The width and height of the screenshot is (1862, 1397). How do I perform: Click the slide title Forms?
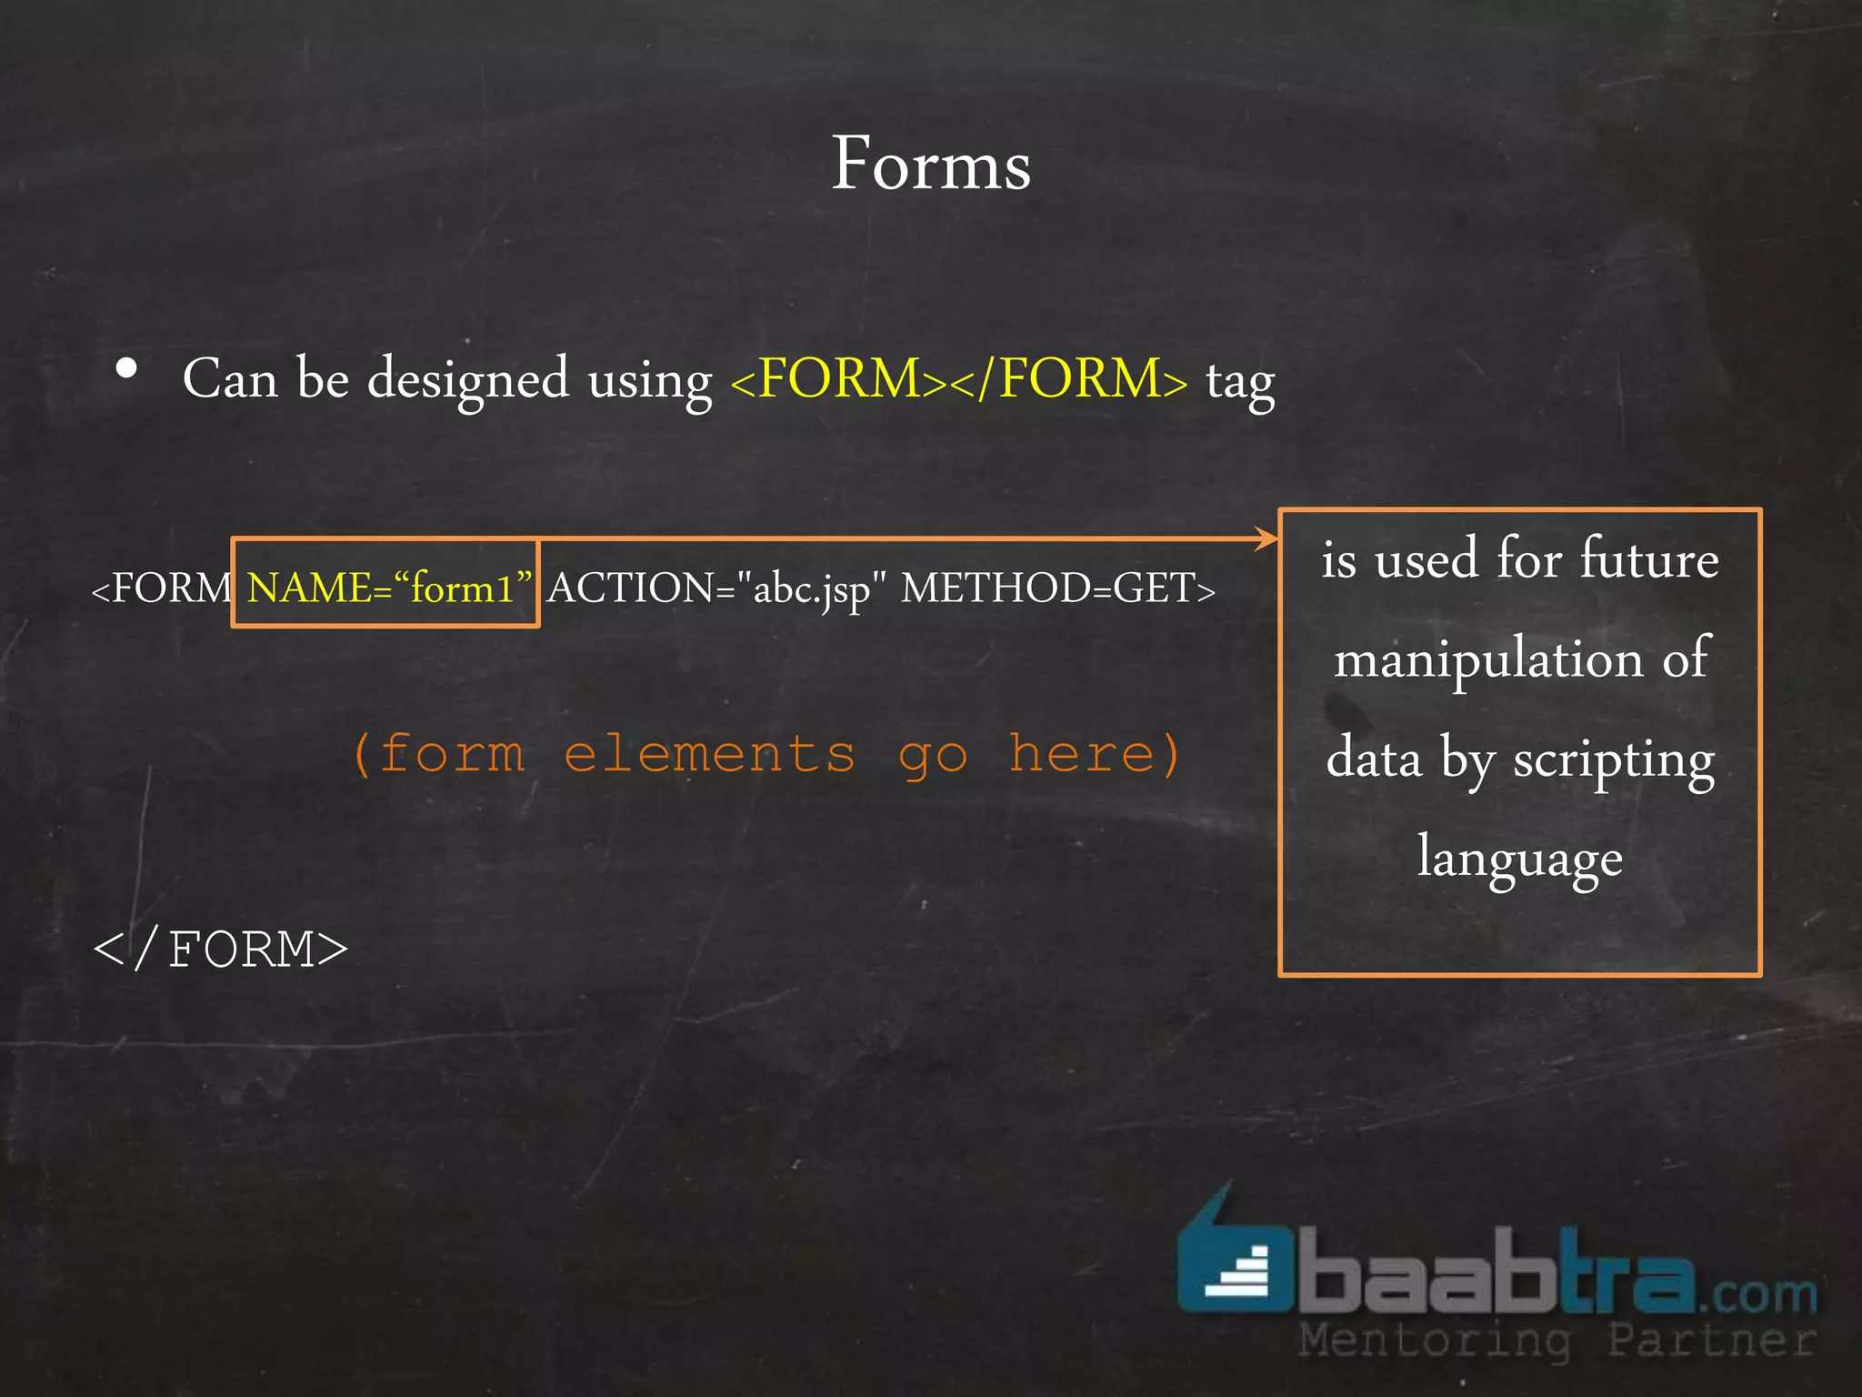(x=931, y=165)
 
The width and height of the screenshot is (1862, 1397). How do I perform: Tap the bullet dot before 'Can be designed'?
(x=127, y=369)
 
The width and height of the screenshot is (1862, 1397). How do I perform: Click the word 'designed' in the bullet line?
(x=468, y=380)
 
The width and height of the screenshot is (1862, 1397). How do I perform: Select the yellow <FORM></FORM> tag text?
(x=959, y=379)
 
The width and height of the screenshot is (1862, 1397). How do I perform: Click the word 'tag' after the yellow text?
(x=1240, y=382)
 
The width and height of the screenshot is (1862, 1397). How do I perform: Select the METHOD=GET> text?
(x=1057, y=588)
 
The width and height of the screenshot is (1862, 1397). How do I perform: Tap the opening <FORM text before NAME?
(x=162, y=588)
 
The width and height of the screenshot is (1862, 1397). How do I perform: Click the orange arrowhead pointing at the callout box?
(x=1266, y=538)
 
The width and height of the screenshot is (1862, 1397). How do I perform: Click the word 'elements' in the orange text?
(x=709, y=755)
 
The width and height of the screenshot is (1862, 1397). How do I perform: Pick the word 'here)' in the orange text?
(x=1095, y=755)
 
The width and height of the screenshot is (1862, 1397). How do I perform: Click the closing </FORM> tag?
(x=221, y=950)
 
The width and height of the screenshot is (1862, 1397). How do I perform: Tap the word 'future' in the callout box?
(x=1648, y=558)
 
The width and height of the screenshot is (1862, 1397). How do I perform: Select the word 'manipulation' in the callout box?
(x=1488, y=659)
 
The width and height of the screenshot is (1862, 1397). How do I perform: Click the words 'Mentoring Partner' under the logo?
(x=1557, y=1341)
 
